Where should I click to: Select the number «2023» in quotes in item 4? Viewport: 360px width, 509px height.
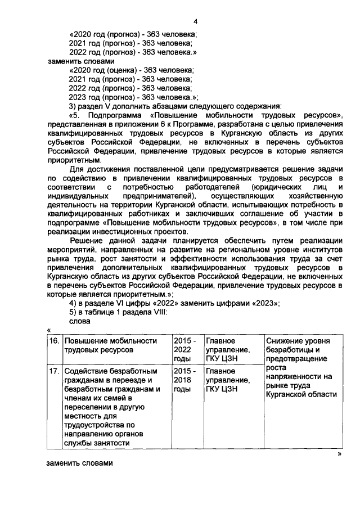point(264,304)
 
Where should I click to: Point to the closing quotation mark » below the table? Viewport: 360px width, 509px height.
point(340,453)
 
